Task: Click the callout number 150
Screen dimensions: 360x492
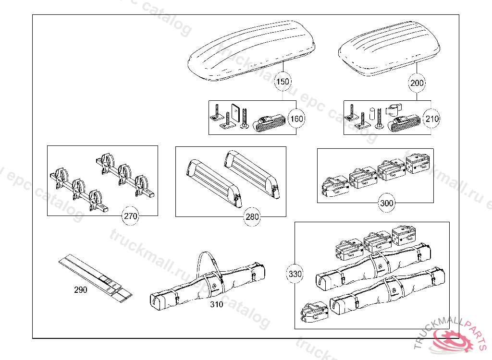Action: (x=283, y=82)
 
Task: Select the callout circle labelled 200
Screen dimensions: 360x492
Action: (x=417, y=83)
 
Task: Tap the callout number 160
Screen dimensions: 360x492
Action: (x=297, y=119)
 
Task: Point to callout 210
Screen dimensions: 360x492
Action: (x=432, y=119)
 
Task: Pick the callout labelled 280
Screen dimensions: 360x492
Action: (x=252, y=217)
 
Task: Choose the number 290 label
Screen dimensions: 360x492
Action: (x=81, y=290)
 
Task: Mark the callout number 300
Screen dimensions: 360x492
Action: (x=386, y=203)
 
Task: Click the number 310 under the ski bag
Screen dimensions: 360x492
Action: (x=216, y=304)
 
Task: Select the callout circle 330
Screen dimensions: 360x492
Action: (x=295, y=275)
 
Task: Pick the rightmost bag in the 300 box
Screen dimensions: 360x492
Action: (x=418, y=166)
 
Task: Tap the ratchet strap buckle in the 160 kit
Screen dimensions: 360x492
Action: (x=270, y=124)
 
